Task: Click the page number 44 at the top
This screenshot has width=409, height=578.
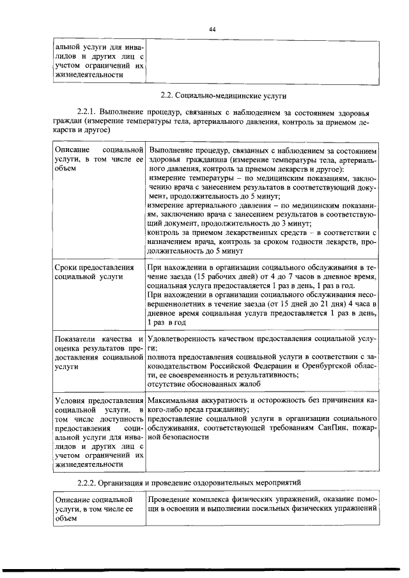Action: tap(212, 29)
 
